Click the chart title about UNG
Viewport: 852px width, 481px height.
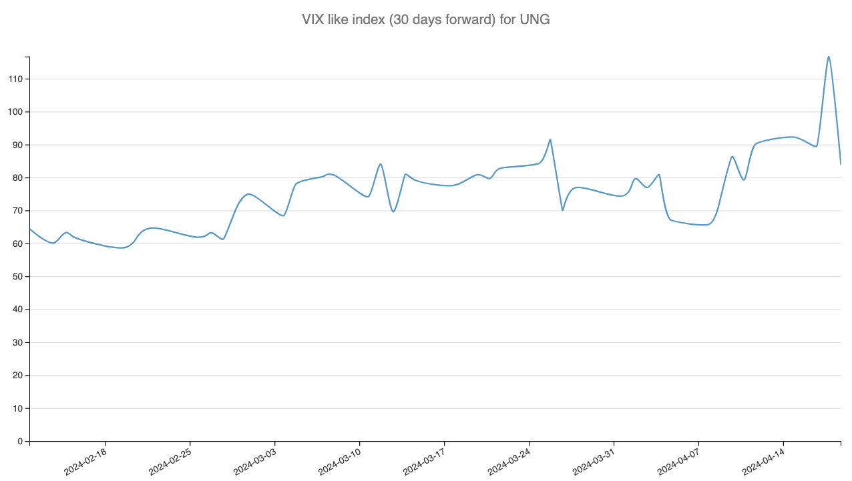click(x=426, y=19)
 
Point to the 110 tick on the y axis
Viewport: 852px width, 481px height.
click(x=15, y=79)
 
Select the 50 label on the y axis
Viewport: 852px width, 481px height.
click(x=18, y=277)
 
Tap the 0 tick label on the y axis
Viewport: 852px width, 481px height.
click(x=20, y=442)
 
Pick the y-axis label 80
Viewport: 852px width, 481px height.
click(x=18, y=178)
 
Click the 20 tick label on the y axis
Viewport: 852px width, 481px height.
click(x=18, y=376)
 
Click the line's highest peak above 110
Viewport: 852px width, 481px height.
click(x=829, y=57)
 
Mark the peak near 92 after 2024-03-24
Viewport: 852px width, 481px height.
click(x=550, y=139)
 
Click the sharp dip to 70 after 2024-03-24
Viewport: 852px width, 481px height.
click(x=563, y=210)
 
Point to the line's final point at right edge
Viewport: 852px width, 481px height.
click(x=840, y=164)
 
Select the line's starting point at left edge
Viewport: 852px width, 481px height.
click(x=30, y=229)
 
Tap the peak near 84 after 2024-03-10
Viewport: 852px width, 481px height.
click(x=380, y=164)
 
